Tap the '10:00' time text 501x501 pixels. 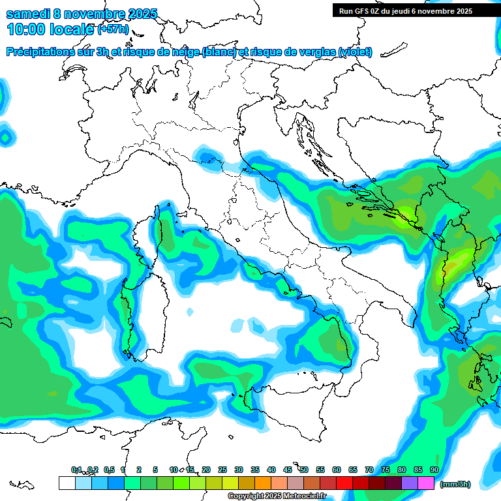pos(24,29)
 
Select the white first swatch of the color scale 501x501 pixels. pos(67,483)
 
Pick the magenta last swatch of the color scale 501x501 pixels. pos(426,483)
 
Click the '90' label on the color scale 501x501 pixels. pos(434,470)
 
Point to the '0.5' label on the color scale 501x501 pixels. pos(108,470)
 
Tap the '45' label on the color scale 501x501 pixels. pos(288,470)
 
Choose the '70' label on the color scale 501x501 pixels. pos(369,470)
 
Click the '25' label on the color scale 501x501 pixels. pos(222,470)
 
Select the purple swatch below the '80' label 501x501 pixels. pos(410,483)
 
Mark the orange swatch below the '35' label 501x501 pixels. pos(263,483)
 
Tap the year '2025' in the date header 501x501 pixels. pos(138,14)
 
